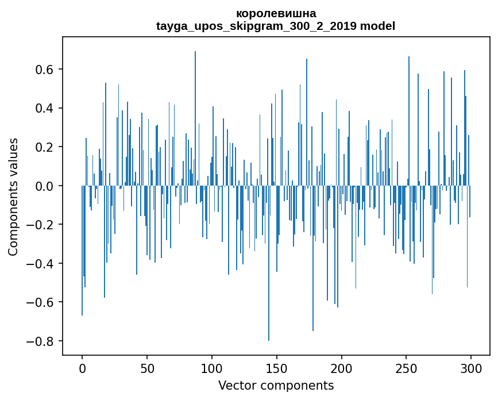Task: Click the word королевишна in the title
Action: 276,13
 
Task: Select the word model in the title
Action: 377,26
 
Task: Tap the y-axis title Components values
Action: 13,197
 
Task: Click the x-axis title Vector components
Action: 276,386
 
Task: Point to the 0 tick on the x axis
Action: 82,368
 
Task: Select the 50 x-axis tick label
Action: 147,368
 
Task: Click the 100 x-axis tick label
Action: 212,368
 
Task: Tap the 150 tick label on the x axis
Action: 277,368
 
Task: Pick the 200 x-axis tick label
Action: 341,368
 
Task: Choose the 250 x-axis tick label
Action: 406,368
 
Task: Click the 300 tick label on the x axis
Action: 471,368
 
